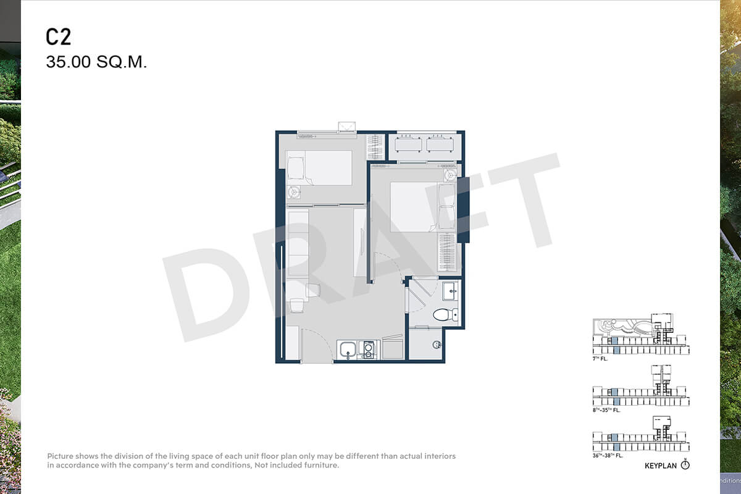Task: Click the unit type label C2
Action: (58, 37)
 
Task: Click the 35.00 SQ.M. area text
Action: (96, 62)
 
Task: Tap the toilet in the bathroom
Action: (445, 314)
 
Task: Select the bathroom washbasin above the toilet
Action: (450, 291)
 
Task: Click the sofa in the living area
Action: (298, 244)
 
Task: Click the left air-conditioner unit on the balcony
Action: (408, 144)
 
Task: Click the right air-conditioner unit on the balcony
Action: (440, 144)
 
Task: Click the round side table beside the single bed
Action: (293, 192)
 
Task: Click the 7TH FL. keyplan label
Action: (600, 359)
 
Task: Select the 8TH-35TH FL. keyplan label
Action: (606, 410)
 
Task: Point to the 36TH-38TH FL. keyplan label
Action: (608, 456)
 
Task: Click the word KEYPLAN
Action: (661, 466)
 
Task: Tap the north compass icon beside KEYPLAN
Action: (685, 465)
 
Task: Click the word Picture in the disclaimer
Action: (61, 456)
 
